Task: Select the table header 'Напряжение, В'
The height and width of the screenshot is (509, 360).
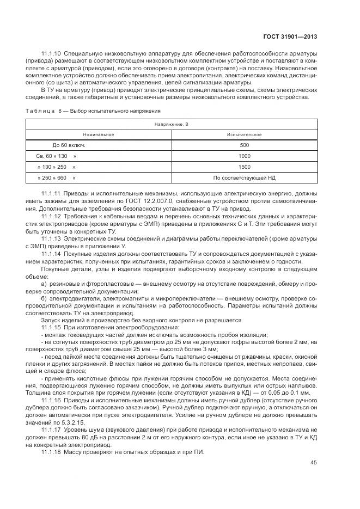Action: pos(171,125)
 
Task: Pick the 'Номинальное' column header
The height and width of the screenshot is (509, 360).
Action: pos(98,134)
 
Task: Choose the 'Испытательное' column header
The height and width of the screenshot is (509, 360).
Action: pos(244,134)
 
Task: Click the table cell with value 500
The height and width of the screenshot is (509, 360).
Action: pos(244,145)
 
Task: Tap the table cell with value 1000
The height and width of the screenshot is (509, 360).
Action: pos(244,156)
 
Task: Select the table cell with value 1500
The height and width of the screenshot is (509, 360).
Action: pos(244,167)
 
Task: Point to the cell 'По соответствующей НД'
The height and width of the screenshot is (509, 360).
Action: pos(244,178)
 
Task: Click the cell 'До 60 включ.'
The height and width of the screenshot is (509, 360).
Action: pos(69,145)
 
